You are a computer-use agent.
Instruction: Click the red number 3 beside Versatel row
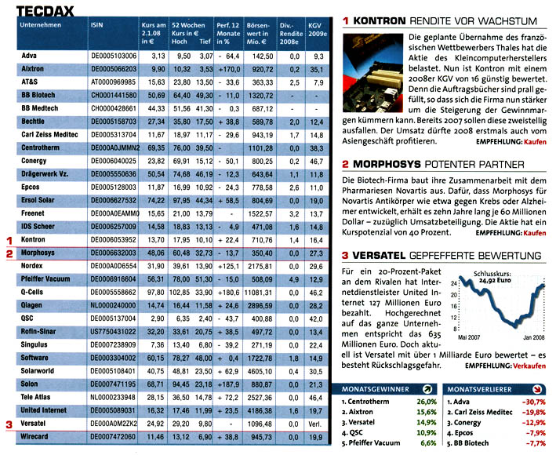tap(9, 425)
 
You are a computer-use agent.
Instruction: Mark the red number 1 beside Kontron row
tap(9, 238)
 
